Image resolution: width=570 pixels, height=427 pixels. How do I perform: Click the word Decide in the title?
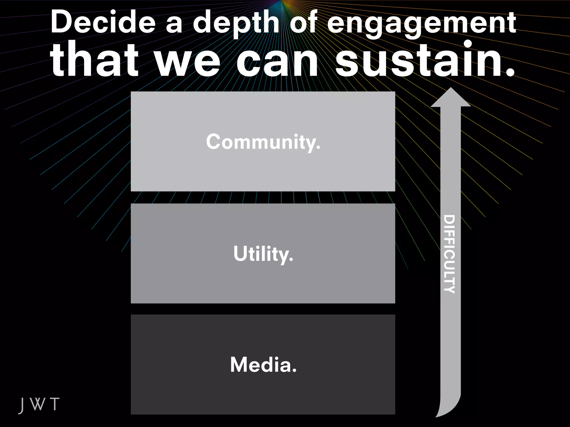pos(103,22)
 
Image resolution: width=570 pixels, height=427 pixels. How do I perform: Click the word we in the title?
pos(188,63)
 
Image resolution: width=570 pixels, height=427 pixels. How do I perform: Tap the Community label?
pos(263,142)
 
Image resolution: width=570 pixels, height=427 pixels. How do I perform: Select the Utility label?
pos(263,254)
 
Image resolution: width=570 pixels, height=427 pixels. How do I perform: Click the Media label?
pos(263,364)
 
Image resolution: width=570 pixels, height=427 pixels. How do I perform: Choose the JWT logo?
pos(39,404)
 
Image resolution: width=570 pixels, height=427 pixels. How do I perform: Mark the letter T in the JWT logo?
pos(55,404)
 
